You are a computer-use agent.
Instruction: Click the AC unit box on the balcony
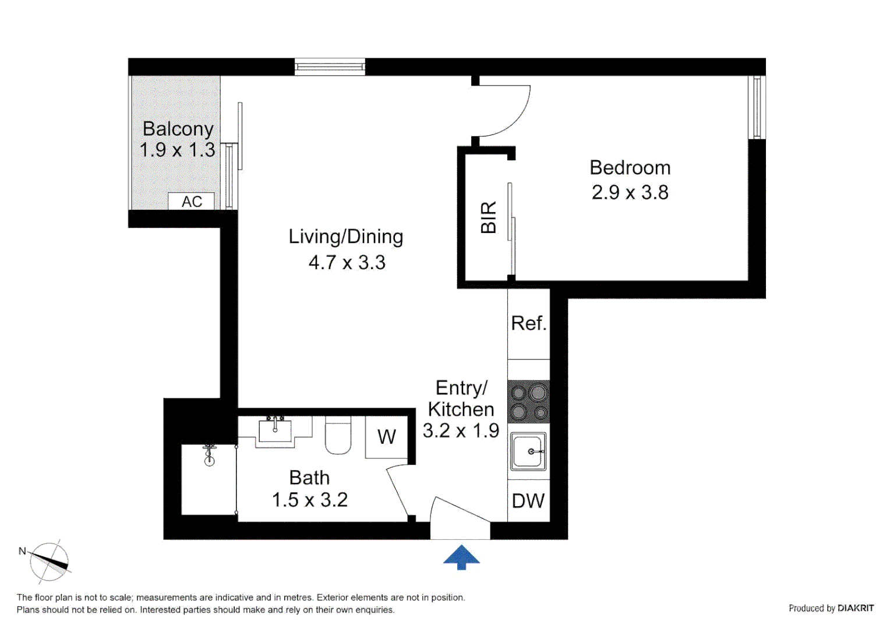(x=191, y=202)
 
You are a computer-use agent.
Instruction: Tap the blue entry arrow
(x=461, y=557)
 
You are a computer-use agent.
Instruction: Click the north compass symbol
(x=49, y=561)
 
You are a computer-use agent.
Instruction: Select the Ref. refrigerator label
(x=528, y=323)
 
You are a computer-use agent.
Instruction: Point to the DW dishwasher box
(x=528, y=501)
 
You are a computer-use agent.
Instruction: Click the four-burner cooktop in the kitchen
(x=529, y=402)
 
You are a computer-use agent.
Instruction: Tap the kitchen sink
(x=528, y=451)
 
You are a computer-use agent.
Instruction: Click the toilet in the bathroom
(x=338, y=436)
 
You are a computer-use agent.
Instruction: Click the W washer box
(x=387, y=437)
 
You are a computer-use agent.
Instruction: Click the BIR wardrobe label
(x=488, y=217)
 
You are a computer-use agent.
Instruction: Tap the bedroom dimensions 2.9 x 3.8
(x=630, y=193)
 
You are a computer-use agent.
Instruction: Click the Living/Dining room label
(x=346, y=237)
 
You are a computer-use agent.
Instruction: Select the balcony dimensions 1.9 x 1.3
(x=177, y=150)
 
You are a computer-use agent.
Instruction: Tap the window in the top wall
(x=330, y=67)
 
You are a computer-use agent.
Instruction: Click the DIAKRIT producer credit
(x=831, y=608)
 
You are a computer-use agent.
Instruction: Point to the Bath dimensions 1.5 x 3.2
(x=309, y=500)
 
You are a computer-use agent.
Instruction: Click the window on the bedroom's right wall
(x=757, y=108)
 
